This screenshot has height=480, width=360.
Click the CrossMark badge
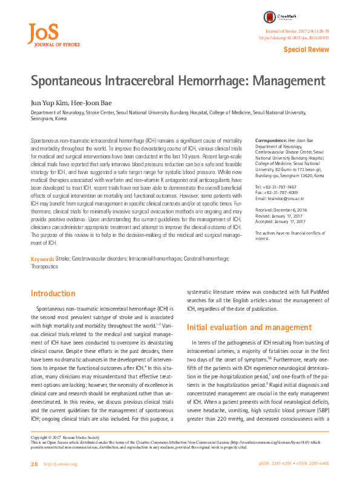tap(278, 18)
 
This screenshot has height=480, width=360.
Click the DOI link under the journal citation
tap(294, 37)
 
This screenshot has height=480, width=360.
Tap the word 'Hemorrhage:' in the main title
tap(211, 82)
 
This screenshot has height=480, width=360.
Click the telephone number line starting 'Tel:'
tap(277, 187)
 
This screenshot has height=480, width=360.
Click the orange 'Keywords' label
tap(42, 276)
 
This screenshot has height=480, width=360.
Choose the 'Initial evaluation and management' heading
tap(241, 328)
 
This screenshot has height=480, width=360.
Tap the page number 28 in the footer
tap(34, 464)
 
